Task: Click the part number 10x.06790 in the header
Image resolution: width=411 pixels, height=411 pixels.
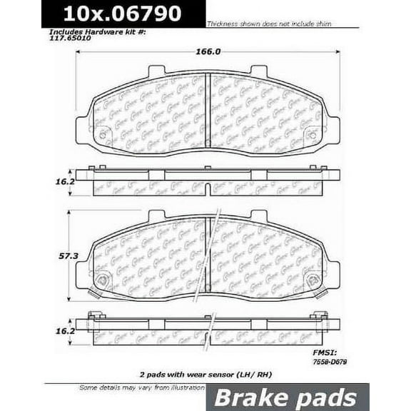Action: click(x=123, y=13)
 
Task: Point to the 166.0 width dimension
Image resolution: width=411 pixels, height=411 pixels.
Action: click(x=205, y=51)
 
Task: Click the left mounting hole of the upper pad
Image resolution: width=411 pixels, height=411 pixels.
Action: click(x=102, y=134)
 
